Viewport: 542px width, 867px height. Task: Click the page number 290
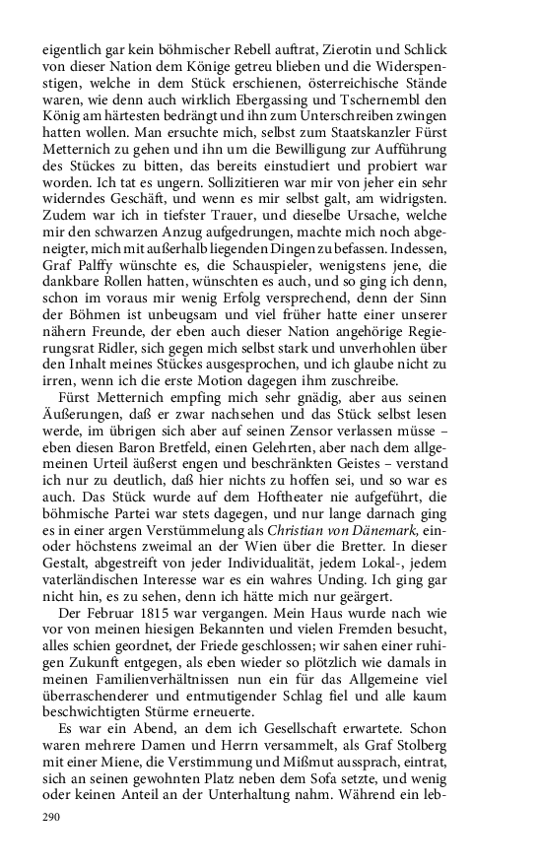coord(51,818)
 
